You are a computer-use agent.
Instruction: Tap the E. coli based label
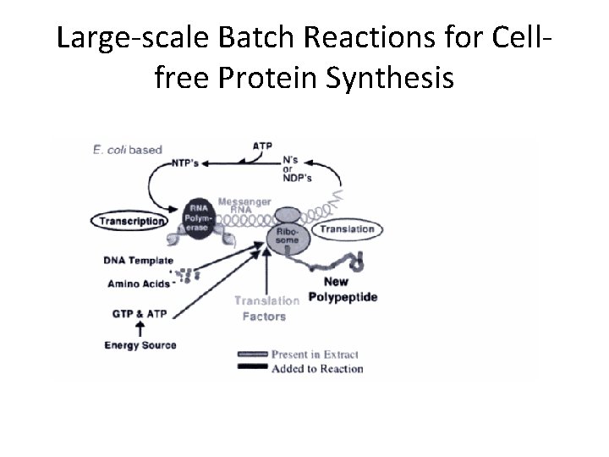[127, 150]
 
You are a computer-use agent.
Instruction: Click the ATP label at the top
[263, 146]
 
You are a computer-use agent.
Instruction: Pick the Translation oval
[347, 228]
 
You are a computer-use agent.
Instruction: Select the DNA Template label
[139, 261]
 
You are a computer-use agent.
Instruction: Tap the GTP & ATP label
[140, 313]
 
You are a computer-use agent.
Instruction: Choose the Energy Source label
[140, 344]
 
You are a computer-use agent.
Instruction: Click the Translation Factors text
[266, 308]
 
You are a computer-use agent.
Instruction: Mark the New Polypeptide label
[343, 290]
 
